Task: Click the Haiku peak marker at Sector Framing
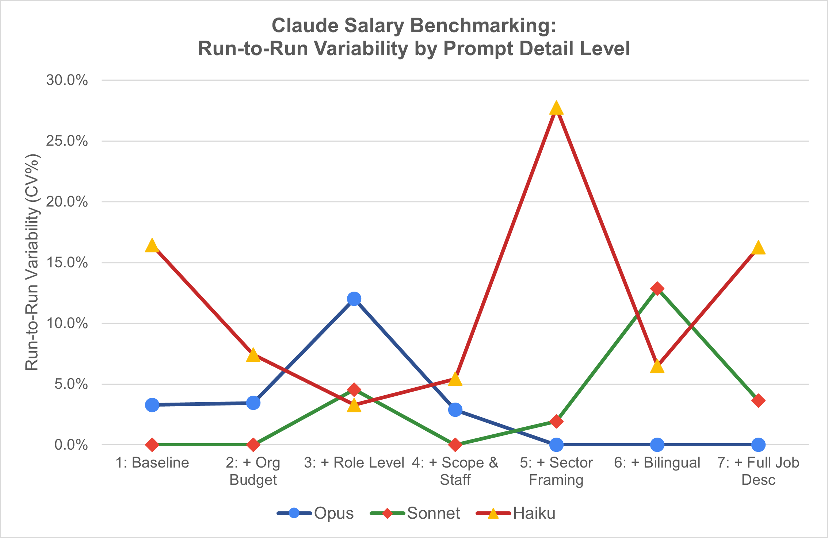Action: (x=556, y=108)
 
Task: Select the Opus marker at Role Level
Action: (x=354, y=299)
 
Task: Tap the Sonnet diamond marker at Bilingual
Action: (x=657, y=289)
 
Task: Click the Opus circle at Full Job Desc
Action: (x=758, y=445)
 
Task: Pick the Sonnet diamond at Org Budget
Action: (x=253, y=445)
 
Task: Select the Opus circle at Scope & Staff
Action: (x=455, y=410)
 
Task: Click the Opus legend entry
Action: (x=316, y=513)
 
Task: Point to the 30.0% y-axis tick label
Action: (x=67, y=80)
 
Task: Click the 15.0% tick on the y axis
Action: (x=67, y=262)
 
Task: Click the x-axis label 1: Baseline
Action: (x=152, y=463)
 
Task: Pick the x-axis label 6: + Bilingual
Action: (x=657, y=463)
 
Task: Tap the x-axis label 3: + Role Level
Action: (x=354, y=463)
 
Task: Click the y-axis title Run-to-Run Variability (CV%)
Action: (x=32, y=262)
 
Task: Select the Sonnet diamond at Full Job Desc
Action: (x=758, y=401)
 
